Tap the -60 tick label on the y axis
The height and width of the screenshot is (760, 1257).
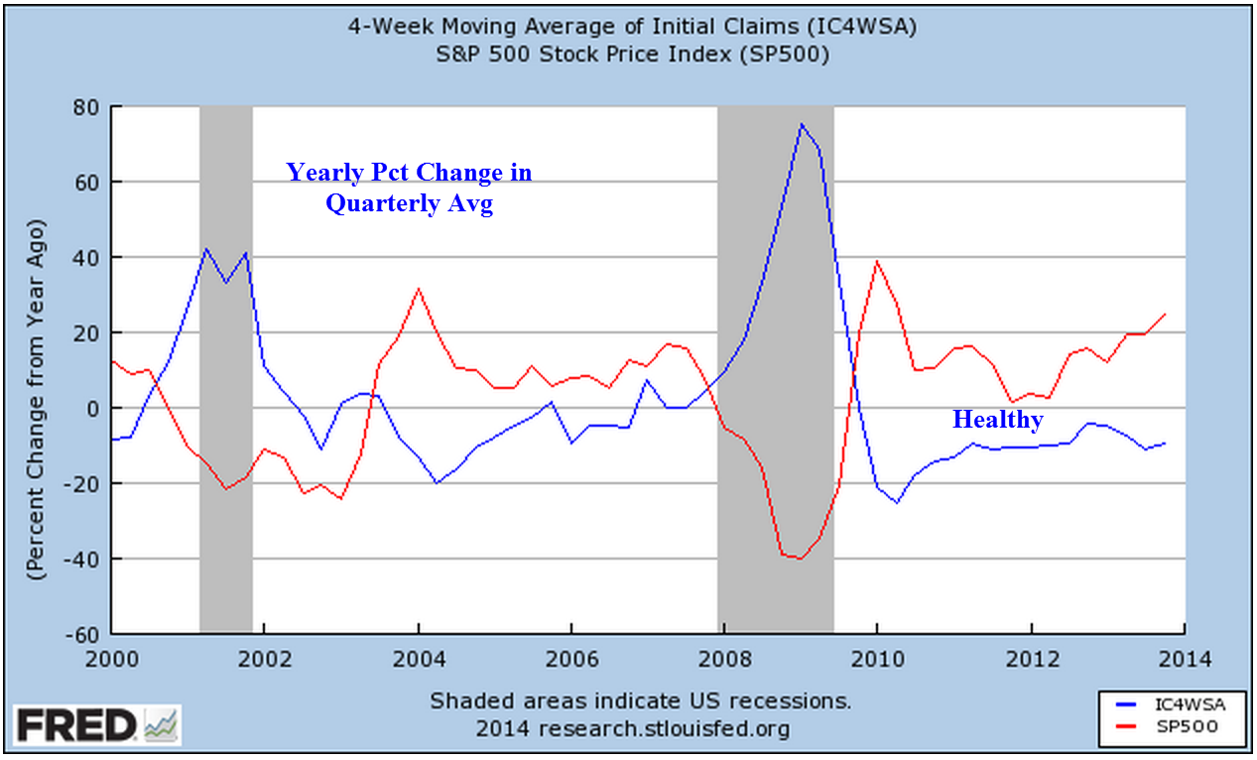pyautogui.click(x=84, y=634)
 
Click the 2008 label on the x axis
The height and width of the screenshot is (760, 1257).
pyautogui.click(x=724, y=658)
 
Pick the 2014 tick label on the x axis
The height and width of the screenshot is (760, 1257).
pyautogui.click(x=1184, y=658)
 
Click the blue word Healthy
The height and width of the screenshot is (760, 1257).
pyautogui.click(x=997, y=420)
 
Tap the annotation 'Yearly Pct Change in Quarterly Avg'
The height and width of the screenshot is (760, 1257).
pyautogui.click(x=409, y=189)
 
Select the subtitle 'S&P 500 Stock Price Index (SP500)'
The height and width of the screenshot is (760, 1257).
pyautogui.click(x=631, y=55)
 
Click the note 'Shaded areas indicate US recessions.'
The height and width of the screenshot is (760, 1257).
pyautogui.click(x=640, y=700)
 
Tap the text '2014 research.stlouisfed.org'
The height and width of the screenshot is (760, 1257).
pyautogui.click(x=632, y=729)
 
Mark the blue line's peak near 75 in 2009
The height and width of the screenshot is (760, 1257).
pyautogui.click(x=802, y=124)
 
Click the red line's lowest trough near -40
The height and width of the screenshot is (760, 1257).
pyautogui.click(x=800, y=559)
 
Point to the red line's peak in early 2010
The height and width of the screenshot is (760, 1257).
pyautogui.click(x=877, y=261)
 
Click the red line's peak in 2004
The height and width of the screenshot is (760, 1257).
pyautogui.click(x=419, y=289)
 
